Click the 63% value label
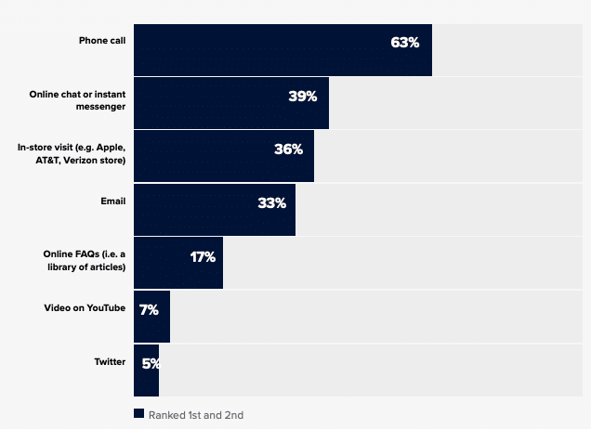coord(405,43)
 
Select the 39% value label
coord(303,96)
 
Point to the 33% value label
coord(271,202)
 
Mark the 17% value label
coord(203,256)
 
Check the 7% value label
coord(149,309)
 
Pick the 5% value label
coord(151,363)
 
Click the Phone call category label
coord(102,41)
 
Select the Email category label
coord(112,201)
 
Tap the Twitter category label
coord(109,361)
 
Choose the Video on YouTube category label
coord(84,307)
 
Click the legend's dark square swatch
coord(138,414)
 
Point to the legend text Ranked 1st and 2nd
coord(196,415)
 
